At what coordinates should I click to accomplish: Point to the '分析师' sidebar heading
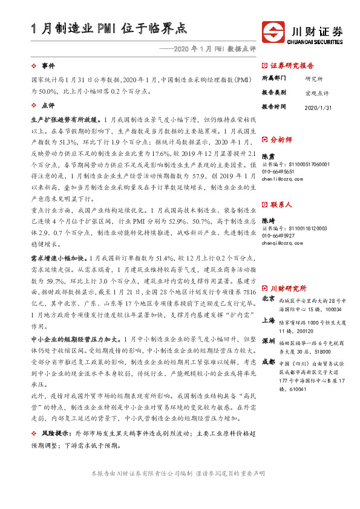pyautogui.click(x=281, y=139)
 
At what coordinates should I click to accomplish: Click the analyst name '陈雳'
pyautogui.click(x=267, y=155)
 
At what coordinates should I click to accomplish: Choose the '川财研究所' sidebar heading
pyautogui.click(x=288, y=288)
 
